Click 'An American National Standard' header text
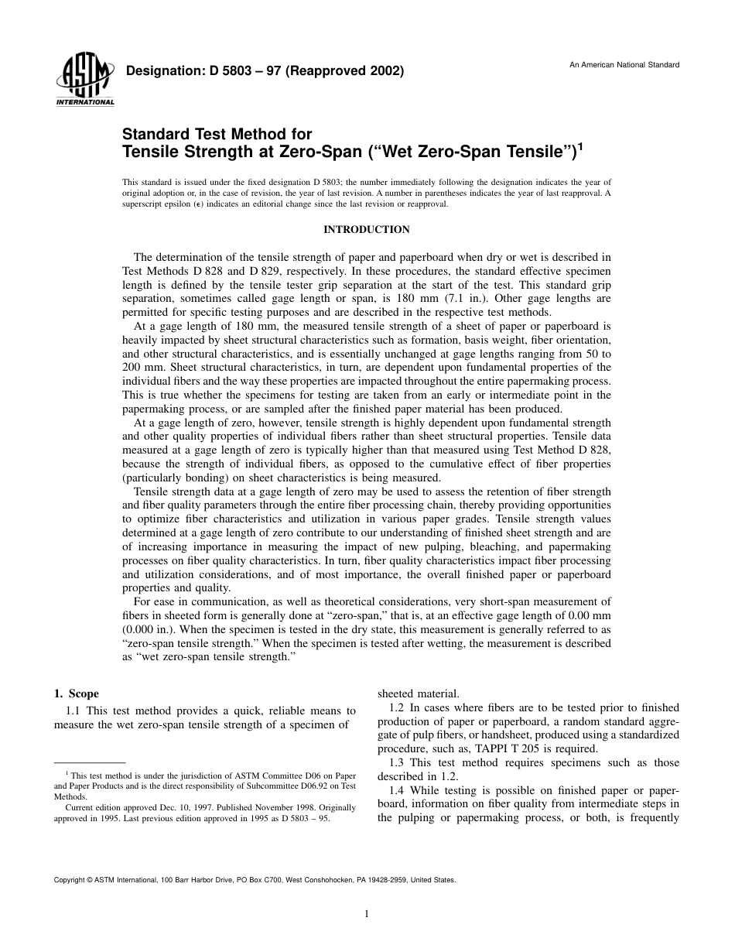pos(624,65)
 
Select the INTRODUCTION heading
pos(367,230)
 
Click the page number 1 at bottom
pos(367,914)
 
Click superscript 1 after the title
pos(581,144)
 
